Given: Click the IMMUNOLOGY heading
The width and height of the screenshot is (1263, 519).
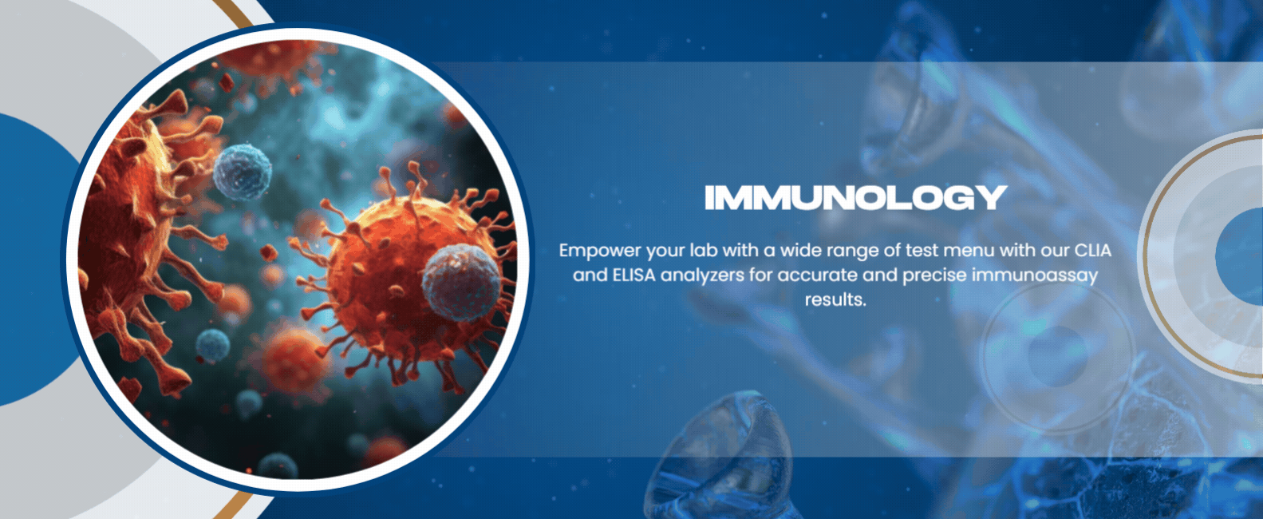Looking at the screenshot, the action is (855, 197).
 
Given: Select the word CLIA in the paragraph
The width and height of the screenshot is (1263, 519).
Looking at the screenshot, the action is (1093, 250).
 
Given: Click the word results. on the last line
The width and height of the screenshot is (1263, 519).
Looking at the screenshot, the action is (835, 299).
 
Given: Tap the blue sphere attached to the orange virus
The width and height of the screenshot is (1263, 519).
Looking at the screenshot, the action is (461, 282).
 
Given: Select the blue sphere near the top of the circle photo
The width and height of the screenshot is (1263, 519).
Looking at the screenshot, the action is (242, 172).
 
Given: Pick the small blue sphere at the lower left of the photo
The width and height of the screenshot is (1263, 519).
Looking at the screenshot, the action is (212, 345).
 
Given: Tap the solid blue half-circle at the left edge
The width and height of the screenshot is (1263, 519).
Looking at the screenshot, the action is (34, 259).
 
